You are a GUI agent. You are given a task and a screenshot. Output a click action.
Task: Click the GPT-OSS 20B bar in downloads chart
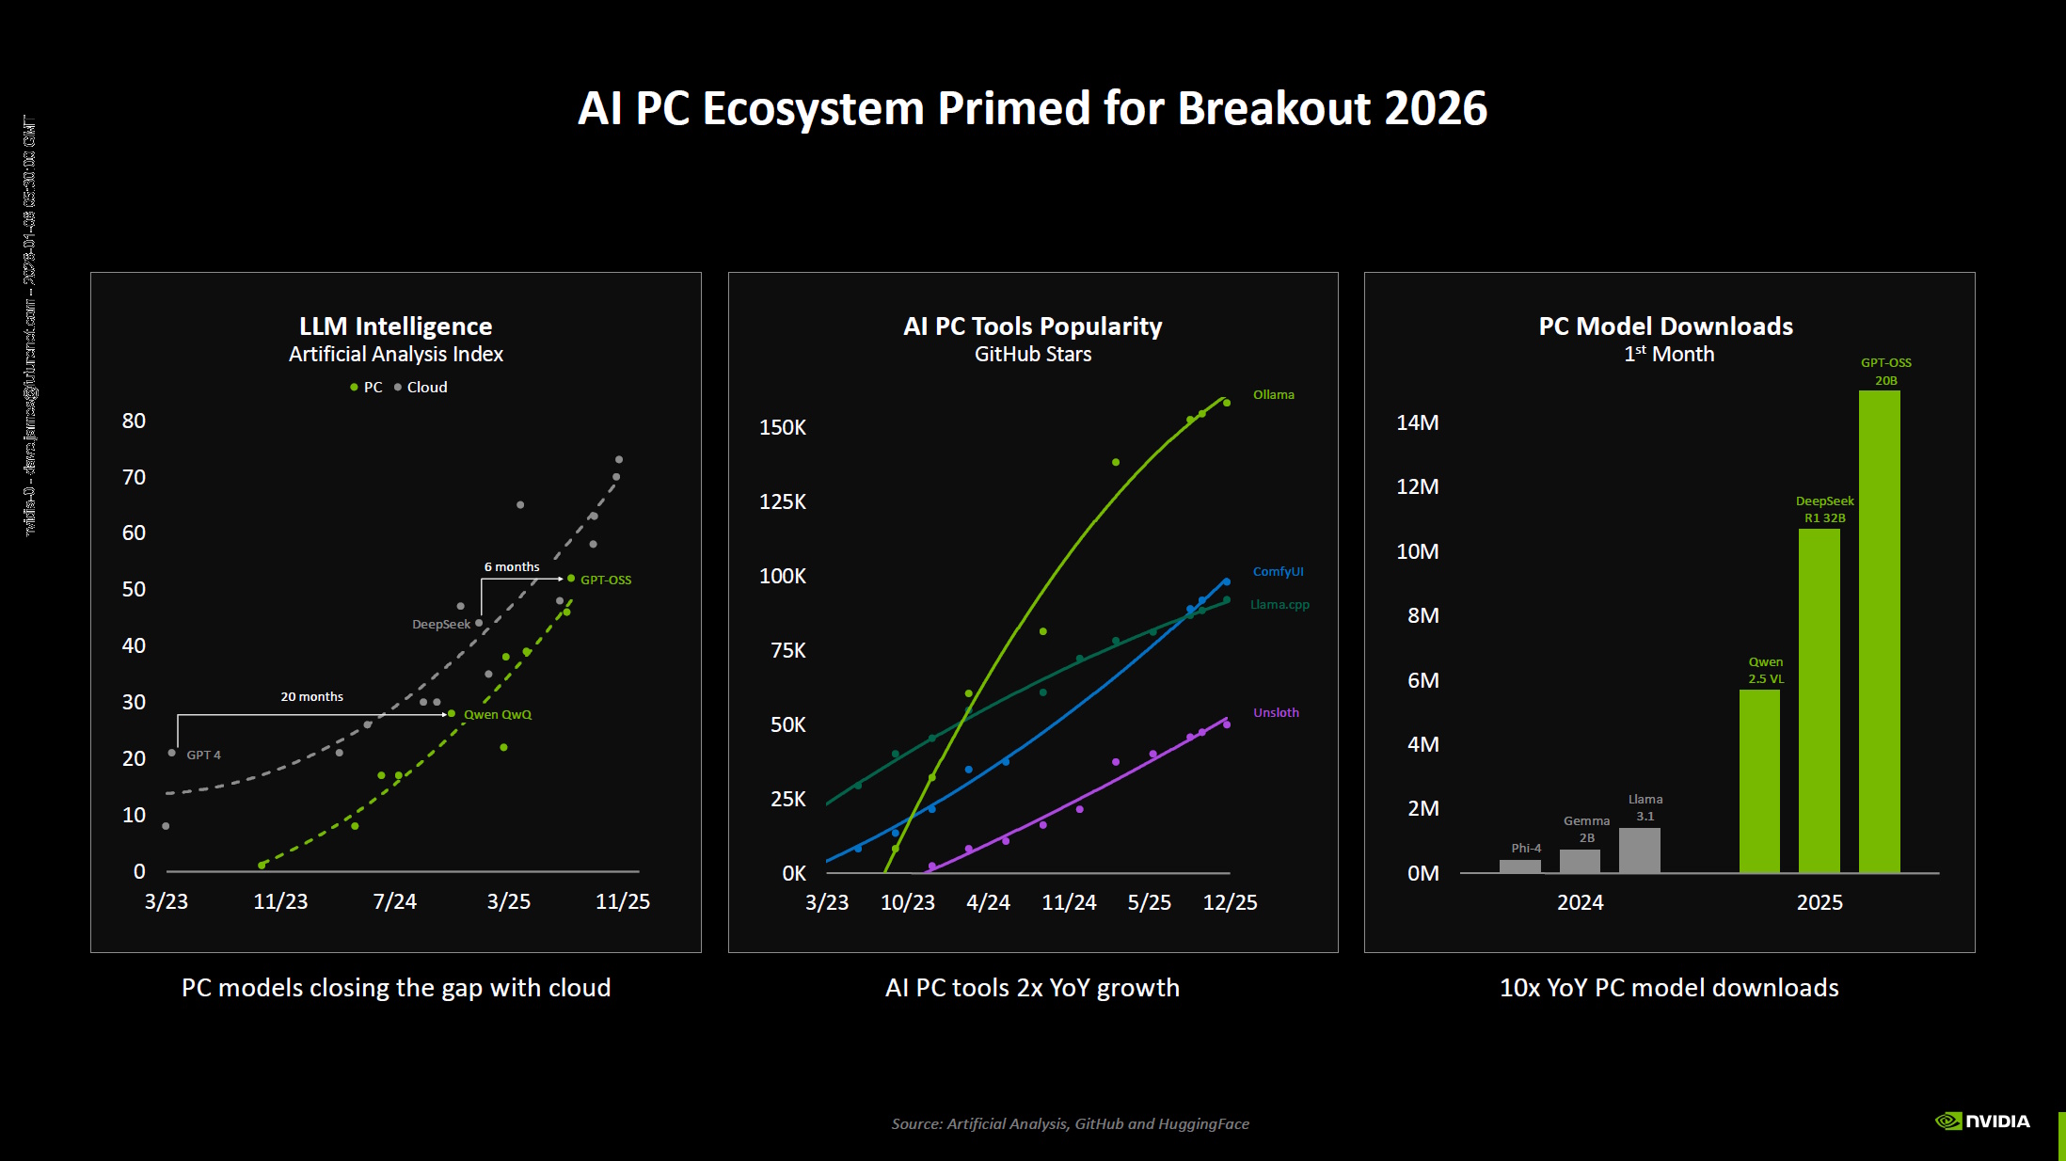(x=1879, y=630)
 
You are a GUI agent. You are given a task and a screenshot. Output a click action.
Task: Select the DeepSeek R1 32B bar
(x=1819, y=701)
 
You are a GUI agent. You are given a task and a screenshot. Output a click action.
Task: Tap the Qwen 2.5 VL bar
(x=1759, y=781)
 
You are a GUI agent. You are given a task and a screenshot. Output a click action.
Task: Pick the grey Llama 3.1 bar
(x=1639, y=851)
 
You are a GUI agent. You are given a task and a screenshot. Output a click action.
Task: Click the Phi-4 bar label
(x=1526, y=848)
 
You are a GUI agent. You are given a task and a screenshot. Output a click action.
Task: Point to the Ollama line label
(x=1273, y=394)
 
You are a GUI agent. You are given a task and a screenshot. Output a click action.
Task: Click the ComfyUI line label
(x=1278, y=571)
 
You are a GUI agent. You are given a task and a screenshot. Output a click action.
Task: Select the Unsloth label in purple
(x=1276, y=712)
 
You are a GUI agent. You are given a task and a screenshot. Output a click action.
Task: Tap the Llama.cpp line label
(x=1279, y=604)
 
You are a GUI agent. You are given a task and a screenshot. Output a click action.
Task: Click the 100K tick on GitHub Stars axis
(x=783, y=576)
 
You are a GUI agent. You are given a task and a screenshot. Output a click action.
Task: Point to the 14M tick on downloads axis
(x=1417, y=422)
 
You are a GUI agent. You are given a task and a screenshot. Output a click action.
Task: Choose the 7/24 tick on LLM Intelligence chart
(x=394, y=901)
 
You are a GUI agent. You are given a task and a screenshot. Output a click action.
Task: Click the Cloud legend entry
(x=426, y=387)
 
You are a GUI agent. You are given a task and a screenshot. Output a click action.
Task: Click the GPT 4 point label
(x=203, y=755)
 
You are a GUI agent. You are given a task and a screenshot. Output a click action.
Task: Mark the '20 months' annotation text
(x=311, y=696)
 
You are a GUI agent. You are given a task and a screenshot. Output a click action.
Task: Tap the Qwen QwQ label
(x=497, y=714)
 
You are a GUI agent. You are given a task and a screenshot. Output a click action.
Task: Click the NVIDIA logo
(x=1982, y=1121)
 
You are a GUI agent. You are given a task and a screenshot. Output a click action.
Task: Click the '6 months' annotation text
(x=512, y=566)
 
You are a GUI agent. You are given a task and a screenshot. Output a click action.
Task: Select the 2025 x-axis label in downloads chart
(x=1819, y=902)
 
